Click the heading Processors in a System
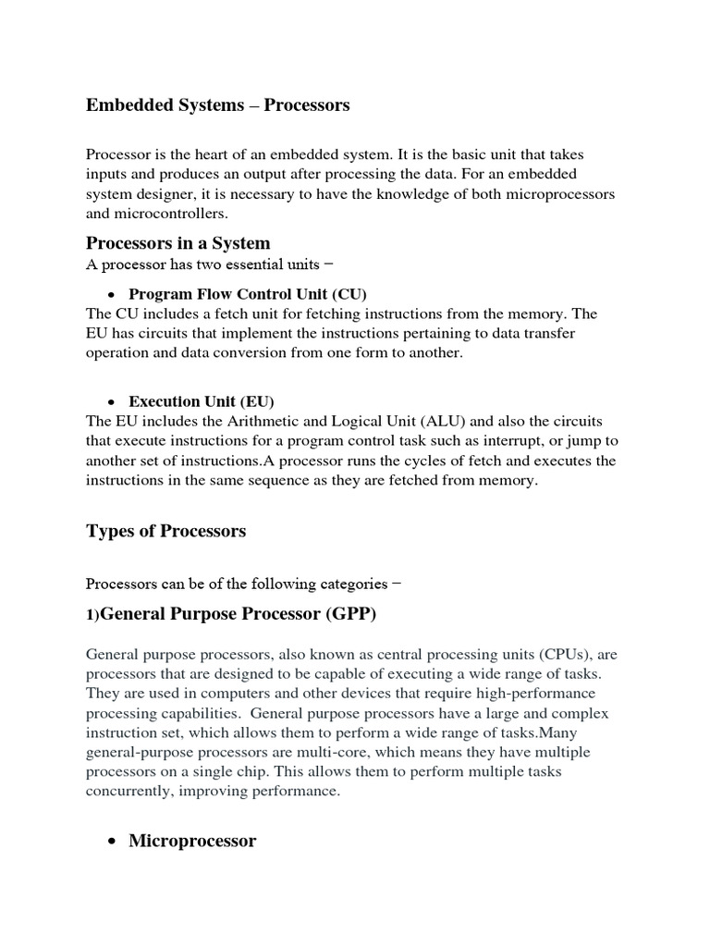(x=177, y=243)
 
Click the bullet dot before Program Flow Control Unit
(x=110, y=295)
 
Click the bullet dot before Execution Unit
(x=110, y=402)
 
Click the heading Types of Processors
(x=165, y=531)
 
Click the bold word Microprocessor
(x=192, y=841)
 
